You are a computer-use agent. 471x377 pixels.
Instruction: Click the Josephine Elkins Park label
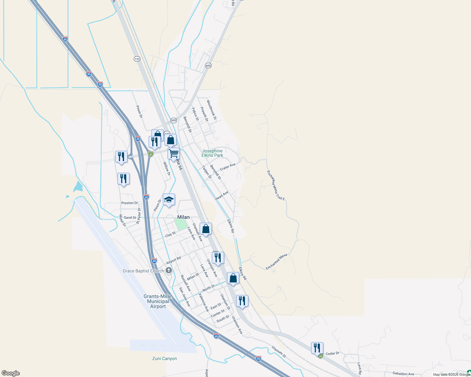(213, 153)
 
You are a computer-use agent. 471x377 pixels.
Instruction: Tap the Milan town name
(183, 217)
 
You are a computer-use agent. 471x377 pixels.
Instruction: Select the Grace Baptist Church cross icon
(169, 270)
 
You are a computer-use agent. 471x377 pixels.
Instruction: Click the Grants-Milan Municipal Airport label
(158, 301)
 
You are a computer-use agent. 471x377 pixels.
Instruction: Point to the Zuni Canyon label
(164, 358)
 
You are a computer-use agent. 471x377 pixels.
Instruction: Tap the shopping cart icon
(173, 154)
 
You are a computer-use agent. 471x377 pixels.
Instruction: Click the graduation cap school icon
(169, 200)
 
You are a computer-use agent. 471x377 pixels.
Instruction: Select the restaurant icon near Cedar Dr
(317, 348)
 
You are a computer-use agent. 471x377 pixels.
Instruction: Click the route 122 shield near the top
(137, 59)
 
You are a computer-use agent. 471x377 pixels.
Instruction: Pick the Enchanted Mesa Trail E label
(276, 185)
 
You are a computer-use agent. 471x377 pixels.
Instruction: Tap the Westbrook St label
(212, 110)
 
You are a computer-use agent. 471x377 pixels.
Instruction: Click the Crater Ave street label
(228, 167)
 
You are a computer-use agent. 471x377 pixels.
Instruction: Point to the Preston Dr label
(129, 203)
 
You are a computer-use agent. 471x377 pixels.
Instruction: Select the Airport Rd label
(173, 260)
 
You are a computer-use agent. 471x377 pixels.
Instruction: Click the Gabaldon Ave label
(403, 374)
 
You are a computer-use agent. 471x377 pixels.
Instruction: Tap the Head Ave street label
(222, 196)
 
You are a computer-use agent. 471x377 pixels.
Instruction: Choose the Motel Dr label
(122, 221)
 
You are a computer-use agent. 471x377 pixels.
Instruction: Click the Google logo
(11, 373)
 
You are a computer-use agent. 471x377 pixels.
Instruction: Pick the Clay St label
(170, 234)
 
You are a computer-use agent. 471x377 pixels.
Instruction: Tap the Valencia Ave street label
(204, 302)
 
